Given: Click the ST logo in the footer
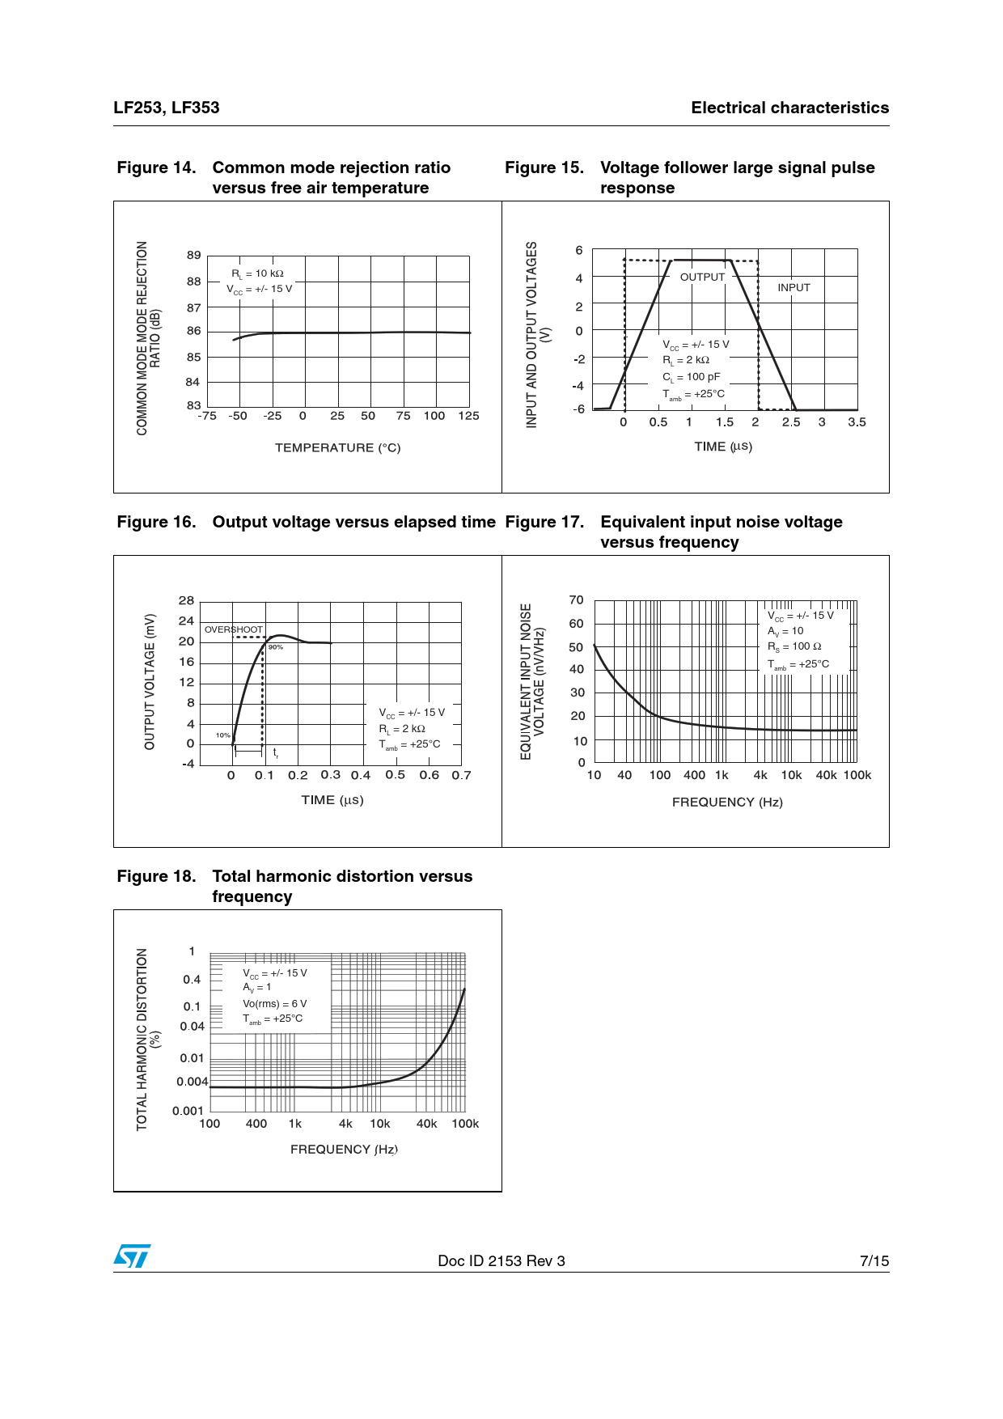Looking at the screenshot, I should click(x=132, y=1256).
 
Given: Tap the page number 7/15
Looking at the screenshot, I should click(x=874, y=1260).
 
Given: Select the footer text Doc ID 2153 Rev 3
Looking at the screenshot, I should click(x=501, y=1260).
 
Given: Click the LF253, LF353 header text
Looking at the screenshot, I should click(x=167, y=108).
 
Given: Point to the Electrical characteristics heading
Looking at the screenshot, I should click(x=789, y=108).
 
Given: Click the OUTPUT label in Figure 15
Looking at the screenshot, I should click(x=702, y=277).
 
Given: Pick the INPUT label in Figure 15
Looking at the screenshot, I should click(x=794, y=287).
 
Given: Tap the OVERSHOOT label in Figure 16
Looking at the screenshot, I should click(x=234, y=629).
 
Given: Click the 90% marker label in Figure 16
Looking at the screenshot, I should click(x=276, y=647).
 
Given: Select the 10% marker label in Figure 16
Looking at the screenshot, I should click(x=222, y=735).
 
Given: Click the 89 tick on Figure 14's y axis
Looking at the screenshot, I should click(x=193, y=255).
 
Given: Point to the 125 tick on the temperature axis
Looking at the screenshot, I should click(x=468, y=416).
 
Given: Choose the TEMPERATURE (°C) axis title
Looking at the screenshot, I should click(x=337, y=447).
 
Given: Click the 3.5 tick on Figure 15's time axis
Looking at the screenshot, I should click(x=857, y=422).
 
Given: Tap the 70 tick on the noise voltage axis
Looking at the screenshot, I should click(x=576, y=599).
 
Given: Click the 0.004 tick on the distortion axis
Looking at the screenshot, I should click(x=193, y=1082).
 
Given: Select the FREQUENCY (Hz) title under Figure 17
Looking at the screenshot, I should click(x=727, y=802).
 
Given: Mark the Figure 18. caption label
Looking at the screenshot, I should click(x=156, y=876).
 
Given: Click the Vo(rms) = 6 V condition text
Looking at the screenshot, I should click(x=275, y=1004).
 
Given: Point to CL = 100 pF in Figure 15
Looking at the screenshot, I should click(x=692, y=377).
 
